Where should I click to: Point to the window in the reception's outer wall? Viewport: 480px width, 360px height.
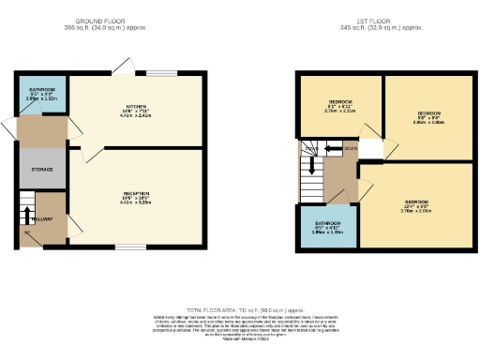coord(129,247)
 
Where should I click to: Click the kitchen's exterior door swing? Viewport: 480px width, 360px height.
coord(121,66)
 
